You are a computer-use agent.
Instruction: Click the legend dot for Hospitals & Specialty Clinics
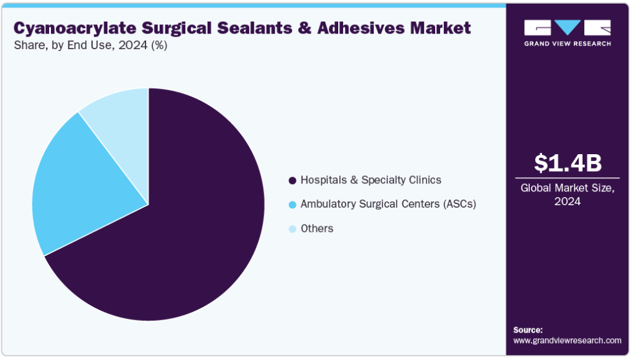coord(293,180)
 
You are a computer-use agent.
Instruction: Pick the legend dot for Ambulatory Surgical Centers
coord(293,205)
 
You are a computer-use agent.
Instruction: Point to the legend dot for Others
coord(293,229)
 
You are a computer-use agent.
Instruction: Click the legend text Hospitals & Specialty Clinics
coord(371,180)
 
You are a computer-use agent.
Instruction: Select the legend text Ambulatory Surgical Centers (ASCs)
coord(389,204)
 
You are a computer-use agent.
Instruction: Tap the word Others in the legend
coord(317,228)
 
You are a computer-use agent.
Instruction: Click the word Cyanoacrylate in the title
coord(75,29)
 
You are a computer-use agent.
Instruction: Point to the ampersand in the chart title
coord(304,28)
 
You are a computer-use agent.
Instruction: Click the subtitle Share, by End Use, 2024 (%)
coord(91,45)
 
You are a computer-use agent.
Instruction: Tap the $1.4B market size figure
coord(568,163)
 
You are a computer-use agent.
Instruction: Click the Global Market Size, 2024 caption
coord(568,195)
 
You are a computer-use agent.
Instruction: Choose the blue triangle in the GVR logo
coord(568,27)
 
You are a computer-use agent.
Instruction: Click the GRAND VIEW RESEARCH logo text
coord(568,44)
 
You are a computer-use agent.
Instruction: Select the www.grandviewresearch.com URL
coord(567,341)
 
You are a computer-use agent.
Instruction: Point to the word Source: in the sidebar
coord(528,330)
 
